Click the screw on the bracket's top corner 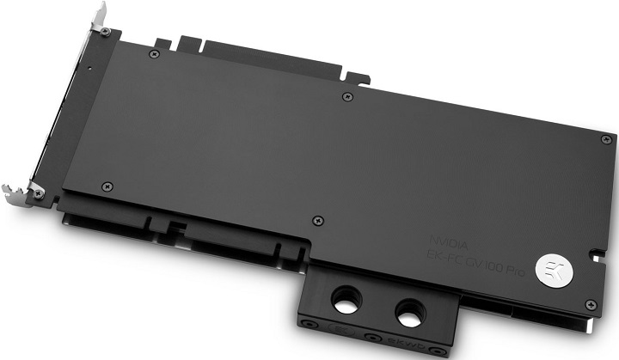point(105,32)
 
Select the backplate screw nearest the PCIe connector point(154,53)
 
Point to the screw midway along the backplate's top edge point(346,96)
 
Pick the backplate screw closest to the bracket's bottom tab point(107,186)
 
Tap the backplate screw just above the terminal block point(318,220)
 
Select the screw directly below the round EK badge point(589,303)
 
